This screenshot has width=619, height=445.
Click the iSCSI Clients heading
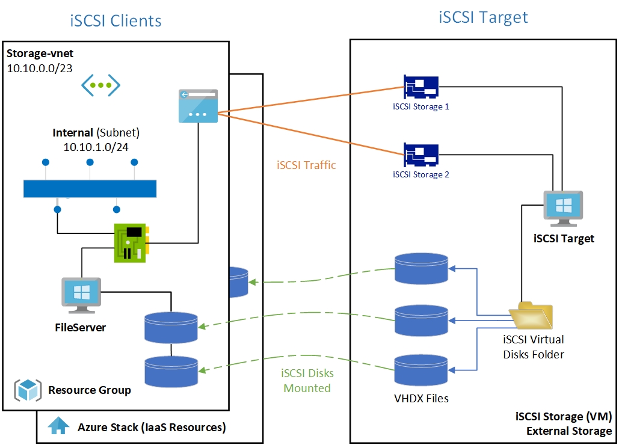pos(115,20)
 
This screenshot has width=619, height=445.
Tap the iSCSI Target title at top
pos(483,16)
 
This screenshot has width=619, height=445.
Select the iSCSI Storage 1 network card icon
pos(421,88)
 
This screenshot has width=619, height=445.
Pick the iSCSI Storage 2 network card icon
pos(421,155)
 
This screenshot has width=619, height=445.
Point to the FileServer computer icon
pos(81,295)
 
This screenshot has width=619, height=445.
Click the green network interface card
pos(132,242)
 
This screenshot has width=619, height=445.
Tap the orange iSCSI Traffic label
pos(306,164)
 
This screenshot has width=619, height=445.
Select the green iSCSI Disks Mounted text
pos(307,381)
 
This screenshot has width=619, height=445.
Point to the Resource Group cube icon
pos(27,390)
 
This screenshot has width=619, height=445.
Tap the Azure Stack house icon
pos(59,426)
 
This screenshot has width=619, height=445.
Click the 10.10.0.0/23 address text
pos(40,68)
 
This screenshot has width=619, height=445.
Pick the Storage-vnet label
pos(40,54)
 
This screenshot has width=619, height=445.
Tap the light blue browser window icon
pos(199,106)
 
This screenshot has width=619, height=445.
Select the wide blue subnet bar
pos(90,188)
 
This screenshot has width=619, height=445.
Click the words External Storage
pos(568,431)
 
